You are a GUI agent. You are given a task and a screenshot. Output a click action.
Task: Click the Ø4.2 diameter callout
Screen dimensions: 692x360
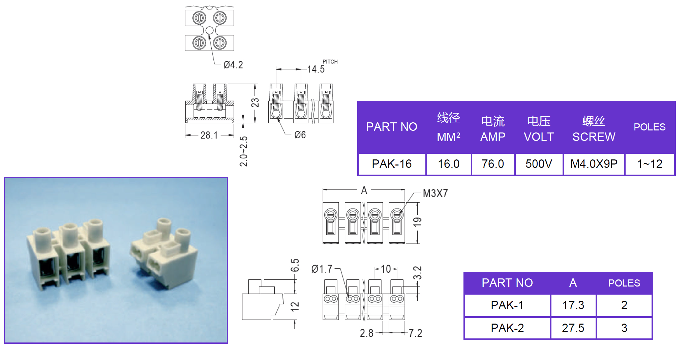pyautogui.click(x=233, y=65)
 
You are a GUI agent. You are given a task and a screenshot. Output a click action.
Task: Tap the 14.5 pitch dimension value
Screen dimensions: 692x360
pyautogui.click(x=316, y=69)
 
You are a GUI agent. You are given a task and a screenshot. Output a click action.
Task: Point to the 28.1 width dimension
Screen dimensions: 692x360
pyautogui.click(x=209, y=135)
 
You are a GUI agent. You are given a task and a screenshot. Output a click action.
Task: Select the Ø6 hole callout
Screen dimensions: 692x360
pyautogui.click(x=300, y=135)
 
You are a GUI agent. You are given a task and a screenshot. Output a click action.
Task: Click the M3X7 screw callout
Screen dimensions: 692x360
pyautogui.click(x=435, y=193)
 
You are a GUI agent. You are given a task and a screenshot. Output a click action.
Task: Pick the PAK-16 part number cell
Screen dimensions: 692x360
pyautogui.click(x=392, y=164)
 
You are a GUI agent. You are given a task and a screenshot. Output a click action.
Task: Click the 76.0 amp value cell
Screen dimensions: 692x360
pyautogui.click(x=493, y=164)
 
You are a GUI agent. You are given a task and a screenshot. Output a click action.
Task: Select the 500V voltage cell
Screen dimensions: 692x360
pyautogui.click(x=539, y=164)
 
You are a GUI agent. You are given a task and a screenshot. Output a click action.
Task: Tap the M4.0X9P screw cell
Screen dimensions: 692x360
pyautogui.click(x=594, y=164)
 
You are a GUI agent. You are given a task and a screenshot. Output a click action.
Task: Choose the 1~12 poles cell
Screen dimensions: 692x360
pyautogui.click(x=650, y=164)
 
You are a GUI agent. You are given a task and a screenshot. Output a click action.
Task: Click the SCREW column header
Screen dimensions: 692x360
pyautogui.click(x=594, y=137)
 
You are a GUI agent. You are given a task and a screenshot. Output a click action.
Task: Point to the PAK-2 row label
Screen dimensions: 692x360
pyautogui.click(x=507, y=328)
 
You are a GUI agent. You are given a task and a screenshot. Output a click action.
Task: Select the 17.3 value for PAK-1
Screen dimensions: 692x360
pyautogui.click(x=573, y=305)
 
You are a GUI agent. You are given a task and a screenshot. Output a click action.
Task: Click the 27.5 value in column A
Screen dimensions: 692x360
pyautogui.click(x=573, y=328)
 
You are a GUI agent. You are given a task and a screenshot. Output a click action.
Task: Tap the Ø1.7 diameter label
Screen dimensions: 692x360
pyautogui.click(x=322, y=269)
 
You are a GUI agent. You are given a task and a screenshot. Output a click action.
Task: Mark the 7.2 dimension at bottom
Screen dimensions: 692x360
pyautogui.click(x=415, y=333)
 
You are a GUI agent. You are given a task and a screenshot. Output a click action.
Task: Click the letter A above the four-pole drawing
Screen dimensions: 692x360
pyautogui.click(x=364, y=190)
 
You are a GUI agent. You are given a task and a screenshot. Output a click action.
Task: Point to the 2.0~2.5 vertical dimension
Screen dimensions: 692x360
pyautogui.click(x=244, y=151)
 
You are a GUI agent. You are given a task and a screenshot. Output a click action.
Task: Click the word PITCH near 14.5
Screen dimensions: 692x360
pyautogui.click(x=330, y=62)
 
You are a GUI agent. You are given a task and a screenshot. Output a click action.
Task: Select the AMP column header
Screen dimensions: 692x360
pyautogui.click(x=493, y=137)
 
